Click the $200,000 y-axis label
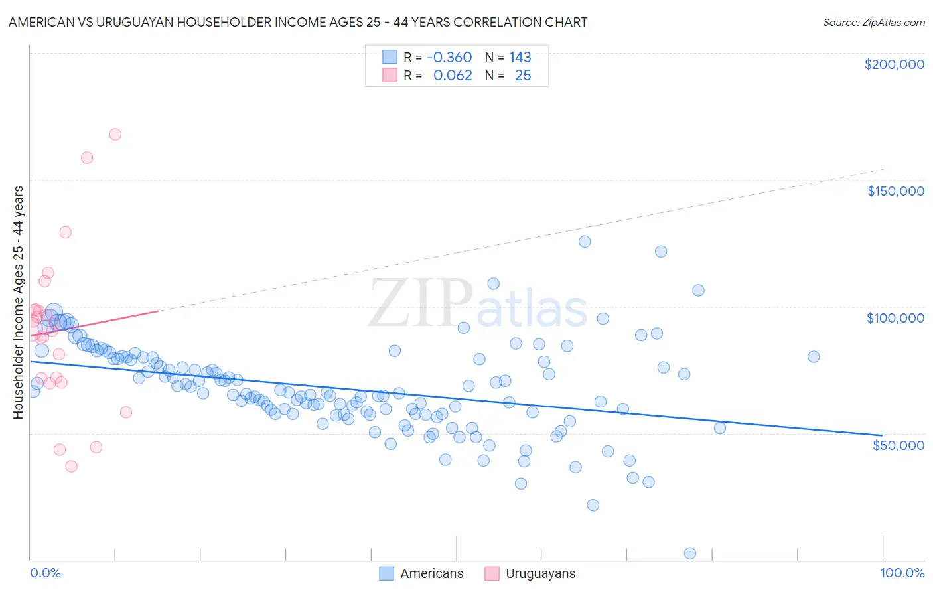pyautogui.click(x=894, y=64)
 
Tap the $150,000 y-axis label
pyautogui.click(x=895, y=191)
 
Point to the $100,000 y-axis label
pyautogui.click(x=895, y=318)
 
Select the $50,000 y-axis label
pyautogui.click(x=898, y=445)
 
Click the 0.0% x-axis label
pyautogui.click(x=45, y=573)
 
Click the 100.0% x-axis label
pyautogui.click(x=902, y=573)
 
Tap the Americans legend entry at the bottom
pyautogui.click(x=431, y=574)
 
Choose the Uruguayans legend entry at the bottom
pyautogui.click(x=540, y=574)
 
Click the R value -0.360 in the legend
pyautogui.click(x=449, y=58)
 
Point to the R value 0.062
pyautogui.click(x=453, y=76)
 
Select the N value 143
pyautogui.click(x=520, y=58)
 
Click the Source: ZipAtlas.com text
pyautogui.click(x=873, y=22)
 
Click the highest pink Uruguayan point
pyautogui.click(x=115, y=134)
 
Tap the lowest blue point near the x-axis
pyautogui.click(x=690, y=554)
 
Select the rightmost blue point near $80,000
pyautogui.click(x=814, y=356)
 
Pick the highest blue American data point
pyautogui.click(x=585, y=241)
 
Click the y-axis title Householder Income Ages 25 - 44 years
pyautogui.click(x=18, y=302)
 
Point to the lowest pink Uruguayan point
pyautogui.click(x=71, y=466)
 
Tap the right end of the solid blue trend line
pyautogui.click(x=883, y=435)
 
